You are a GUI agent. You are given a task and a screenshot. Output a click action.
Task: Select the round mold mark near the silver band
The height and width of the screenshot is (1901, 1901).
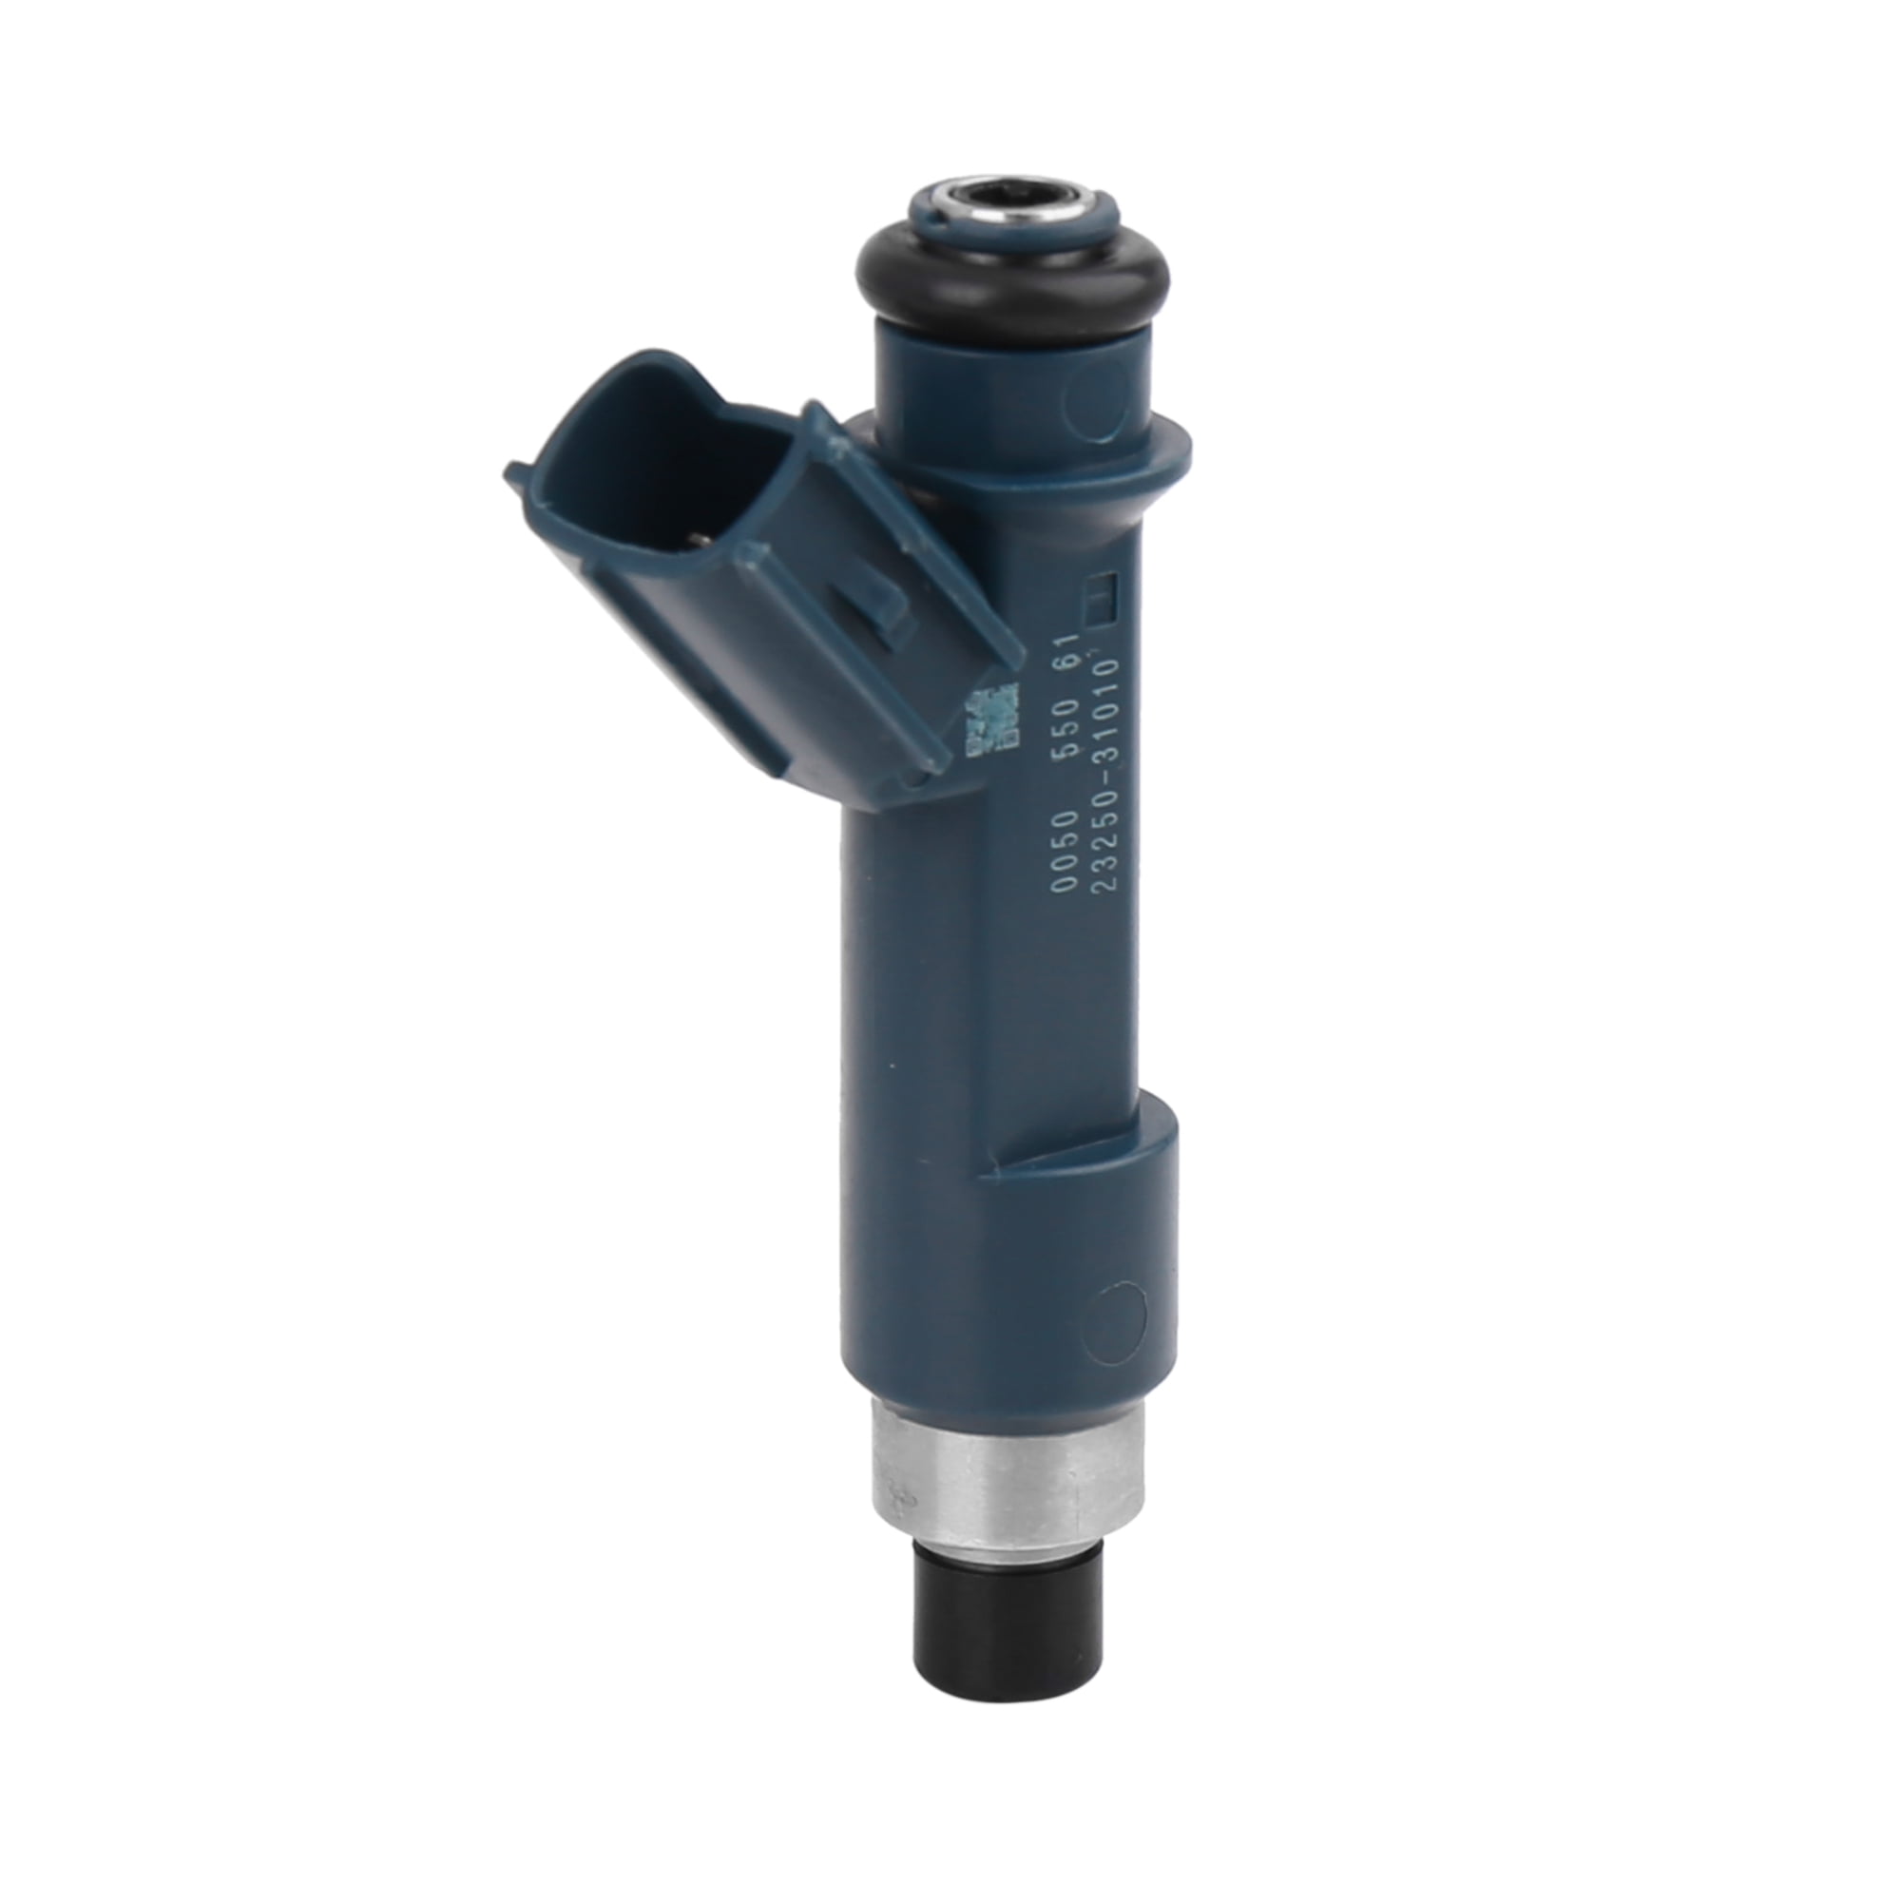click(x=1122, y=1313)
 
